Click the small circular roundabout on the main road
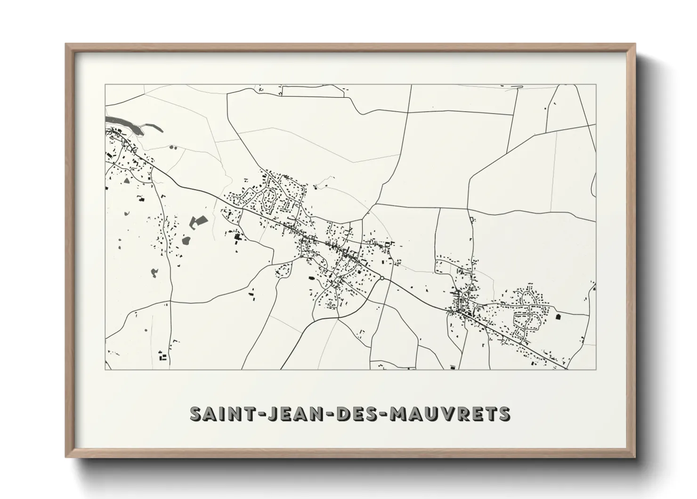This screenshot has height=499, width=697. [x=382, y=279]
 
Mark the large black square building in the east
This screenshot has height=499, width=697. [x=559, y=316]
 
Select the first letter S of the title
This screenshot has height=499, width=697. [x=195, y=414]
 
